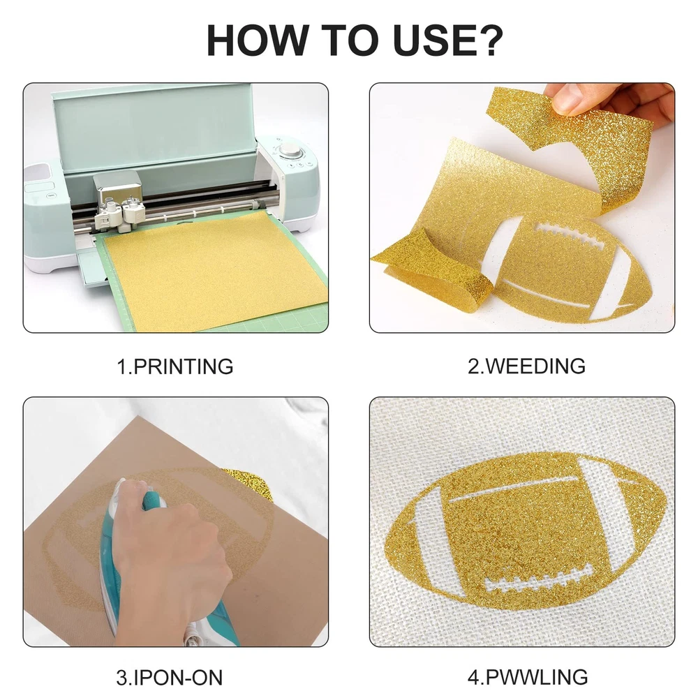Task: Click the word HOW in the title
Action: coord(256,40)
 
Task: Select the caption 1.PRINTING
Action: coord(175,366)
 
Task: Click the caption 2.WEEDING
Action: coord(526,366)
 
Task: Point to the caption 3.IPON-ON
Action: coord(170,678)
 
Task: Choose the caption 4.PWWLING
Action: coord(528,677)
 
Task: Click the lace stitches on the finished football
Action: coord(540,579)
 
